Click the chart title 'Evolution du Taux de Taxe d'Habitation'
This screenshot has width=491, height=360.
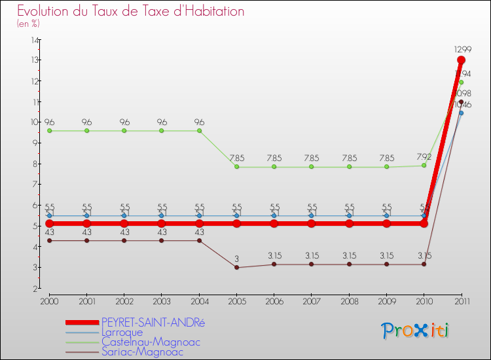(x=131, y=12)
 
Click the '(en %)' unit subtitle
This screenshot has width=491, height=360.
(x=28, y=24)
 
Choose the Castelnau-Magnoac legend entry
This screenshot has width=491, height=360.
(x=151, y=342)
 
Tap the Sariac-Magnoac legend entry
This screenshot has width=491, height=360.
(x=142, y=351)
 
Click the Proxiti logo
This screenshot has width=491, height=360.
(x=416, y=331)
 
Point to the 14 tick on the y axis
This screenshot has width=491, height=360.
(x=34, y=40)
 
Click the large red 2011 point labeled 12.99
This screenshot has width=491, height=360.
(x=461, y=60)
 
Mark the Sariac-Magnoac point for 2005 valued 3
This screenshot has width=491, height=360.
(x=236, y=267)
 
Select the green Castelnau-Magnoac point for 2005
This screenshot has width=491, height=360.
(x=236, y=167)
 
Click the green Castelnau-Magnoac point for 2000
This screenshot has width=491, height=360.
(x=49, y=131)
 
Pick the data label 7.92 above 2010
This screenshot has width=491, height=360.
(x=424, y=156)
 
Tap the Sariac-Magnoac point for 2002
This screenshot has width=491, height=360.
(x=124, y=240)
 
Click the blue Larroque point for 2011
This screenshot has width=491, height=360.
(x=461, y=113)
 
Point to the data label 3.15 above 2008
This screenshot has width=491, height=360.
(x=349, y=255)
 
